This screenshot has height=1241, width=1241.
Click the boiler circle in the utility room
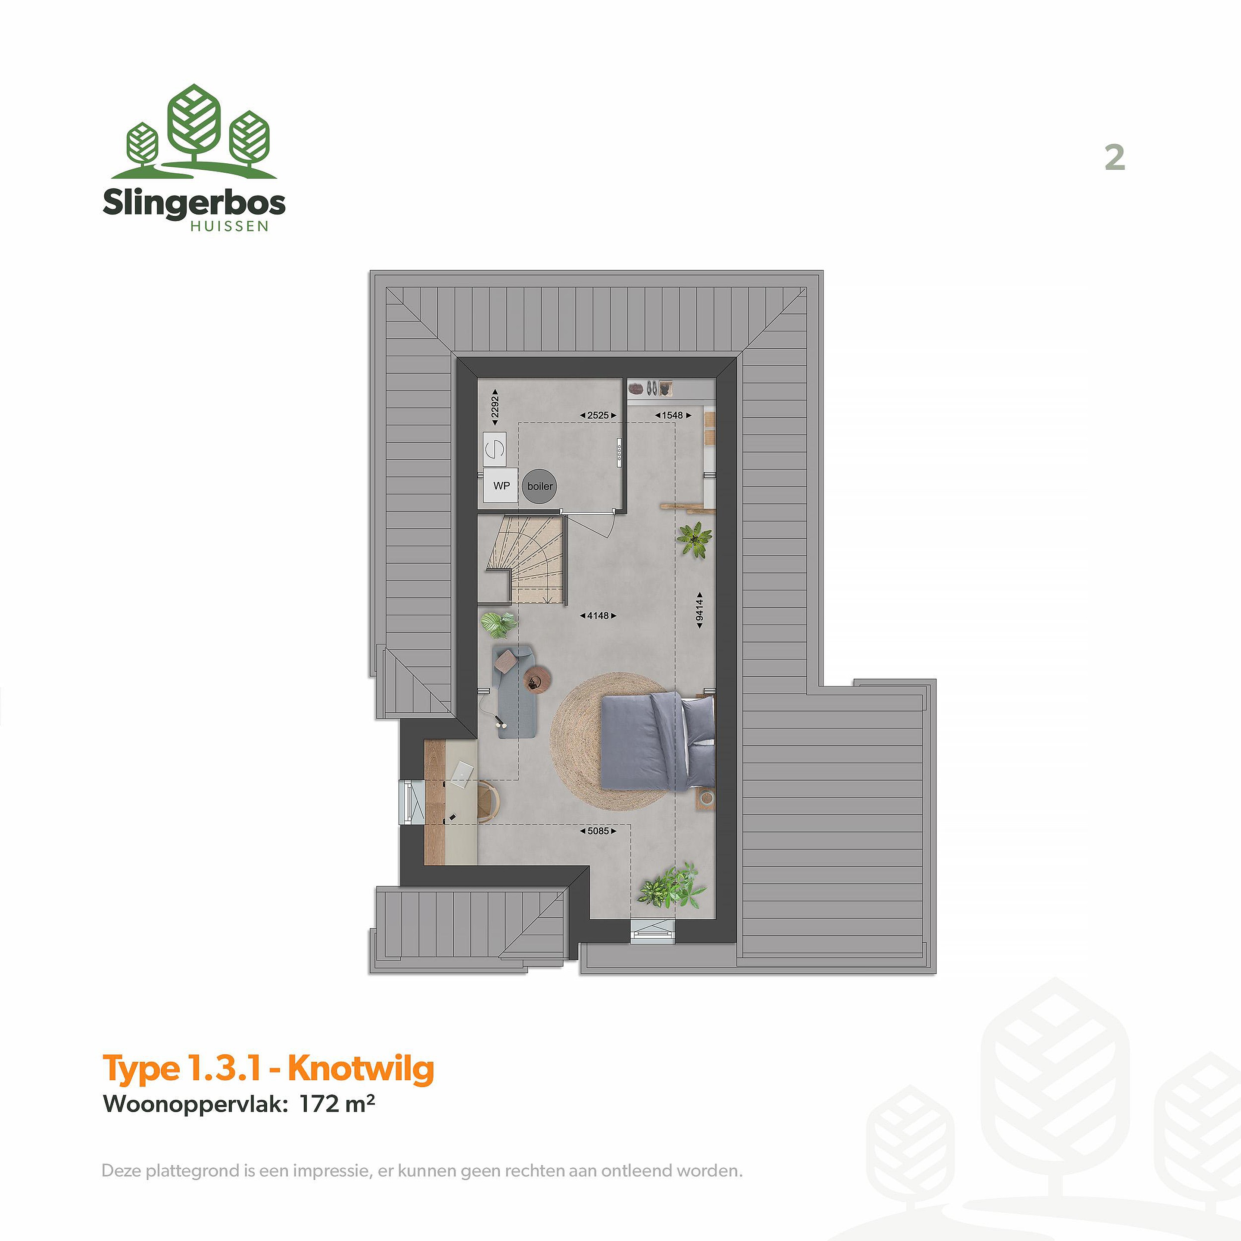(x=539, y=486)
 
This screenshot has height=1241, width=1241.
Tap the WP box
(x=501, y=486)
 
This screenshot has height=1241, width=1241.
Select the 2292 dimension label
(x=495, y=407)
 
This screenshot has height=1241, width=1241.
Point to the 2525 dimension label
(x=598, y=415)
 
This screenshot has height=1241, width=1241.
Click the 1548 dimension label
(x=673, y=415)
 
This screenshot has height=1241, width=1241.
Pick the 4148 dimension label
(x=598, y=615)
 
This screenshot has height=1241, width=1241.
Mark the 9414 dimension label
(x=699, y=610)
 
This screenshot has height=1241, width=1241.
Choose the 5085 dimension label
(x=598, y=830)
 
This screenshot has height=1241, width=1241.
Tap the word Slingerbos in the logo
(x=194, y=203)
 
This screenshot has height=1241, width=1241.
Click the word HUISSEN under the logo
(x=229, y=226)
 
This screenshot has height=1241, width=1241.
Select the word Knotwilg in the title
(x=361, y=1068)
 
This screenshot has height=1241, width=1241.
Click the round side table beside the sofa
(x=536, y=680)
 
